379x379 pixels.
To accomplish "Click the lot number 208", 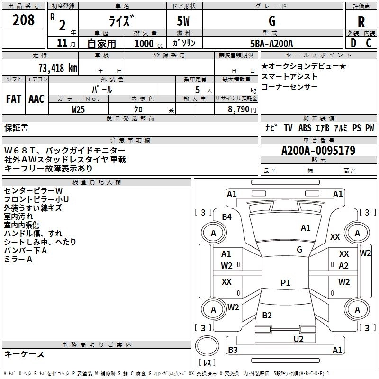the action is click(23, 20).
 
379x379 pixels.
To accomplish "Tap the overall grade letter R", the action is click(361, 22).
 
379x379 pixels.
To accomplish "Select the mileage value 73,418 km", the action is click(58, 68).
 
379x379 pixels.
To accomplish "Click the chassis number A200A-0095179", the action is click(318, 151).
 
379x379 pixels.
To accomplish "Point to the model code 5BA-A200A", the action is click(271, 44).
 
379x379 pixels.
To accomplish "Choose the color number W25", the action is click(78, 109).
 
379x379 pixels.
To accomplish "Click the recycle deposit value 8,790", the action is click(238, 109).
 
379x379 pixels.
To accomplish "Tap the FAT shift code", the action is click(14, 99).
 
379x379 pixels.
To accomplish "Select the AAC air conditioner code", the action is click(36, 99).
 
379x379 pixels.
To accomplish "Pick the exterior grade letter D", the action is click(353, 43).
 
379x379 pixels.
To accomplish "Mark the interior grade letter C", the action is click(369, 43).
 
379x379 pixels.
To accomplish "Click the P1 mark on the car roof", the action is click(285, 282).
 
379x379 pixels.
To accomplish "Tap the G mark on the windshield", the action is click(299, 250).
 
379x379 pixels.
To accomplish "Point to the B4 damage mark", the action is click(227, 217).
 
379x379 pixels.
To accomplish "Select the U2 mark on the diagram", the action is click(298, 339).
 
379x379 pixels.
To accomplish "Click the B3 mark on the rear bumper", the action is click(233, 350).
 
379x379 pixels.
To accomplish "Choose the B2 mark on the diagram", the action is click(267, 315).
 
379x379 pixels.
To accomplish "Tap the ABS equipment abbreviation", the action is click(305, 128).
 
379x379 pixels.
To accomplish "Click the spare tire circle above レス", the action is click(207, 346).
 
